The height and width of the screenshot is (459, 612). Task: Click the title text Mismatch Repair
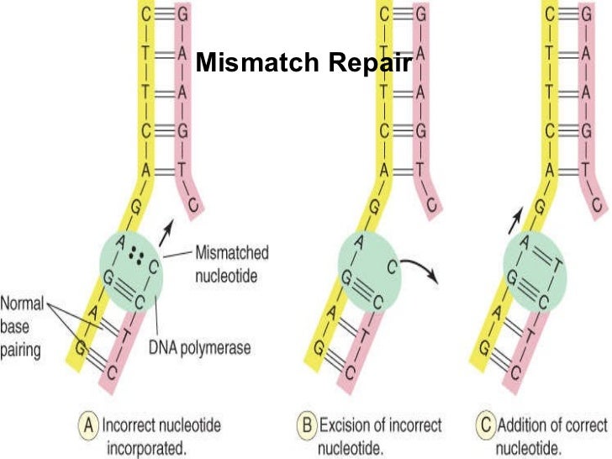(x=303, y=63)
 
